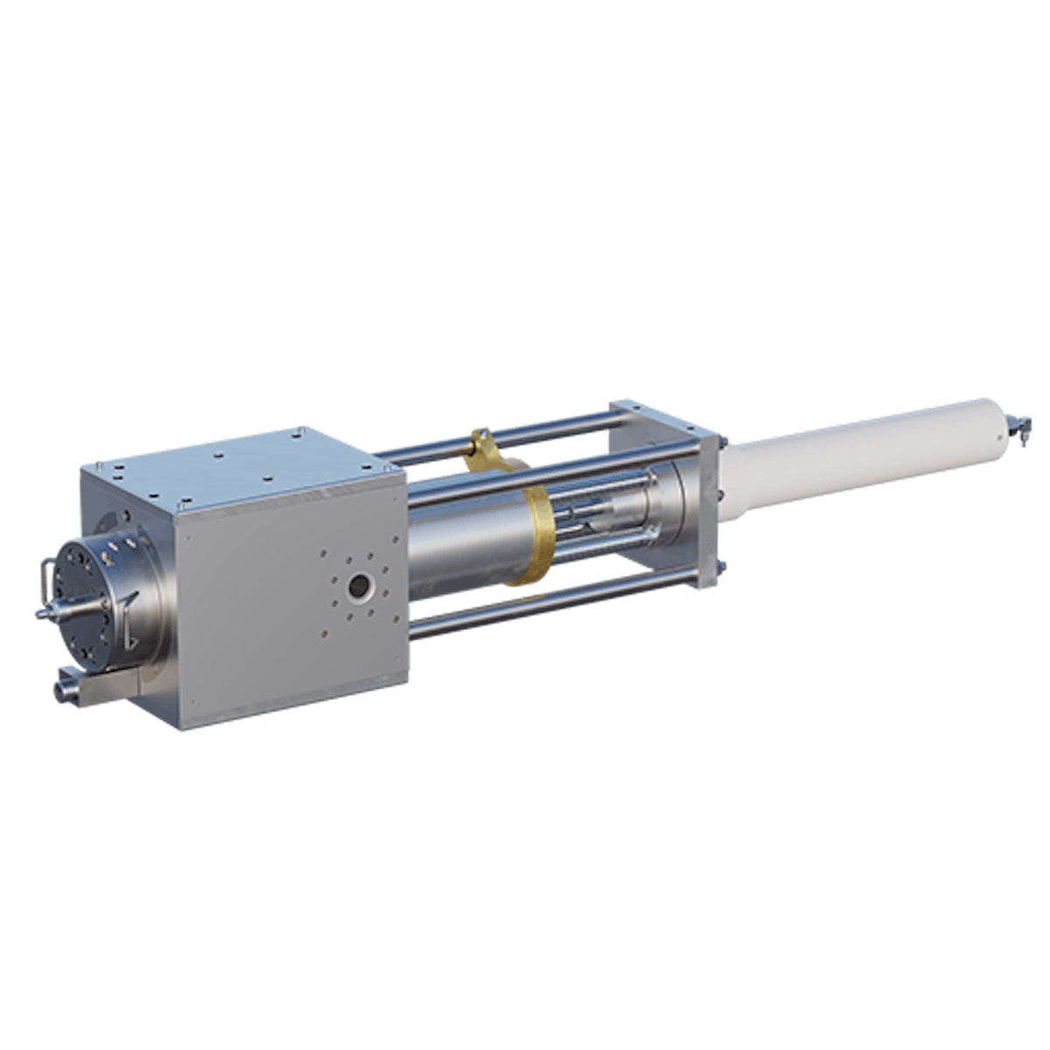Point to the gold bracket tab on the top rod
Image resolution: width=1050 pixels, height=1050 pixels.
coord(479,441)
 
